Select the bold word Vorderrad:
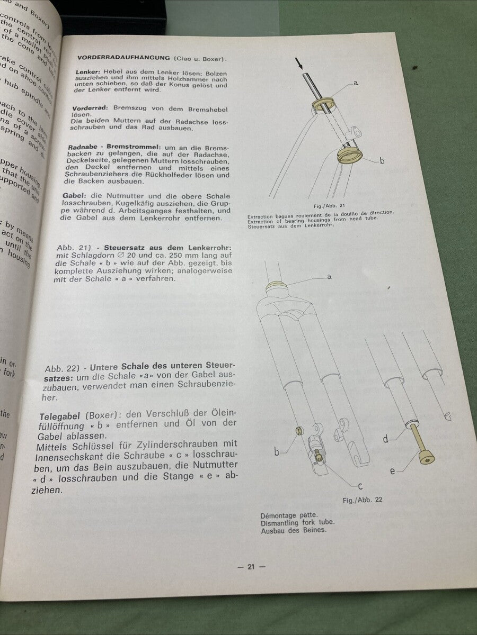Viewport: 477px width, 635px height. (87, 108)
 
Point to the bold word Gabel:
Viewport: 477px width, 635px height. (74, 195)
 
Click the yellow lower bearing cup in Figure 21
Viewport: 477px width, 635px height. (350, 155)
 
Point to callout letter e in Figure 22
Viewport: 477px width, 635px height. (393, 470)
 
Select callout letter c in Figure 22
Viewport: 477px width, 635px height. (360, 486)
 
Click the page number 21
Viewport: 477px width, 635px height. (251, 567)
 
